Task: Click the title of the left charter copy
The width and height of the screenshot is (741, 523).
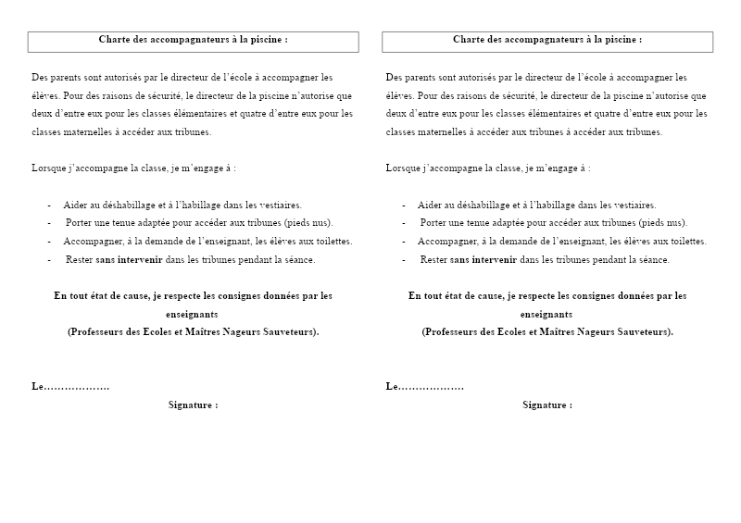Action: point(193,40)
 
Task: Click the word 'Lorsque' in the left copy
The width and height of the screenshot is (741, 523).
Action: point(47,168)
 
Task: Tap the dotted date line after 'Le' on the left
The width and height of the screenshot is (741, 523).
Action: point(77,386)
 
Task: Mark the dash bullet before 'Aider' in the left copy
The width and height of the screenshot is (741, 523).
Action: point(49,205)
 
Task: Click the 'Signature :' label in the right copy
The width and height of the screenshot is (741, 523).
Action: point(547,405)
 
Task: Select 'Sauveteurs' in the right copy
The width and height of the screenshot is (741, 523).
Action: point(647,331)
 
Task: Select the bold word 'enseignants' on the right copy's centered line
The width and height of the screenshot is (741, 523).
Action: point(546,314)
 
